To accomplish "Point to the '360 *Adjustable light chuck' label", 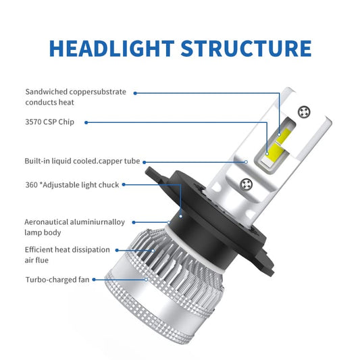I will (x=72, y=184).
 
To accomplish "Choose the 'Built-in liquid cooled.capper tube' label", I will (x=82, y=161).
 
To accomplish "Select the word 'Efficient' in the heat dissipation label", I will (x=44, y=250).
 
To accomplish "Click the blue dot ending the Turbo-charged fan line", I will (x=94, y=279).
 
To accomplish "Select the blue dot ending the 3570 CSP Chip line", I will (x=86, y=122).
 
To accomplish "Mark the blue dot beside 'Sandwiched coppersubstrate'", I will (x=134, y=92).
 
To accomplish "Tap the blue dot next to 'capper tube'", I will (x=145, y=161).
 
